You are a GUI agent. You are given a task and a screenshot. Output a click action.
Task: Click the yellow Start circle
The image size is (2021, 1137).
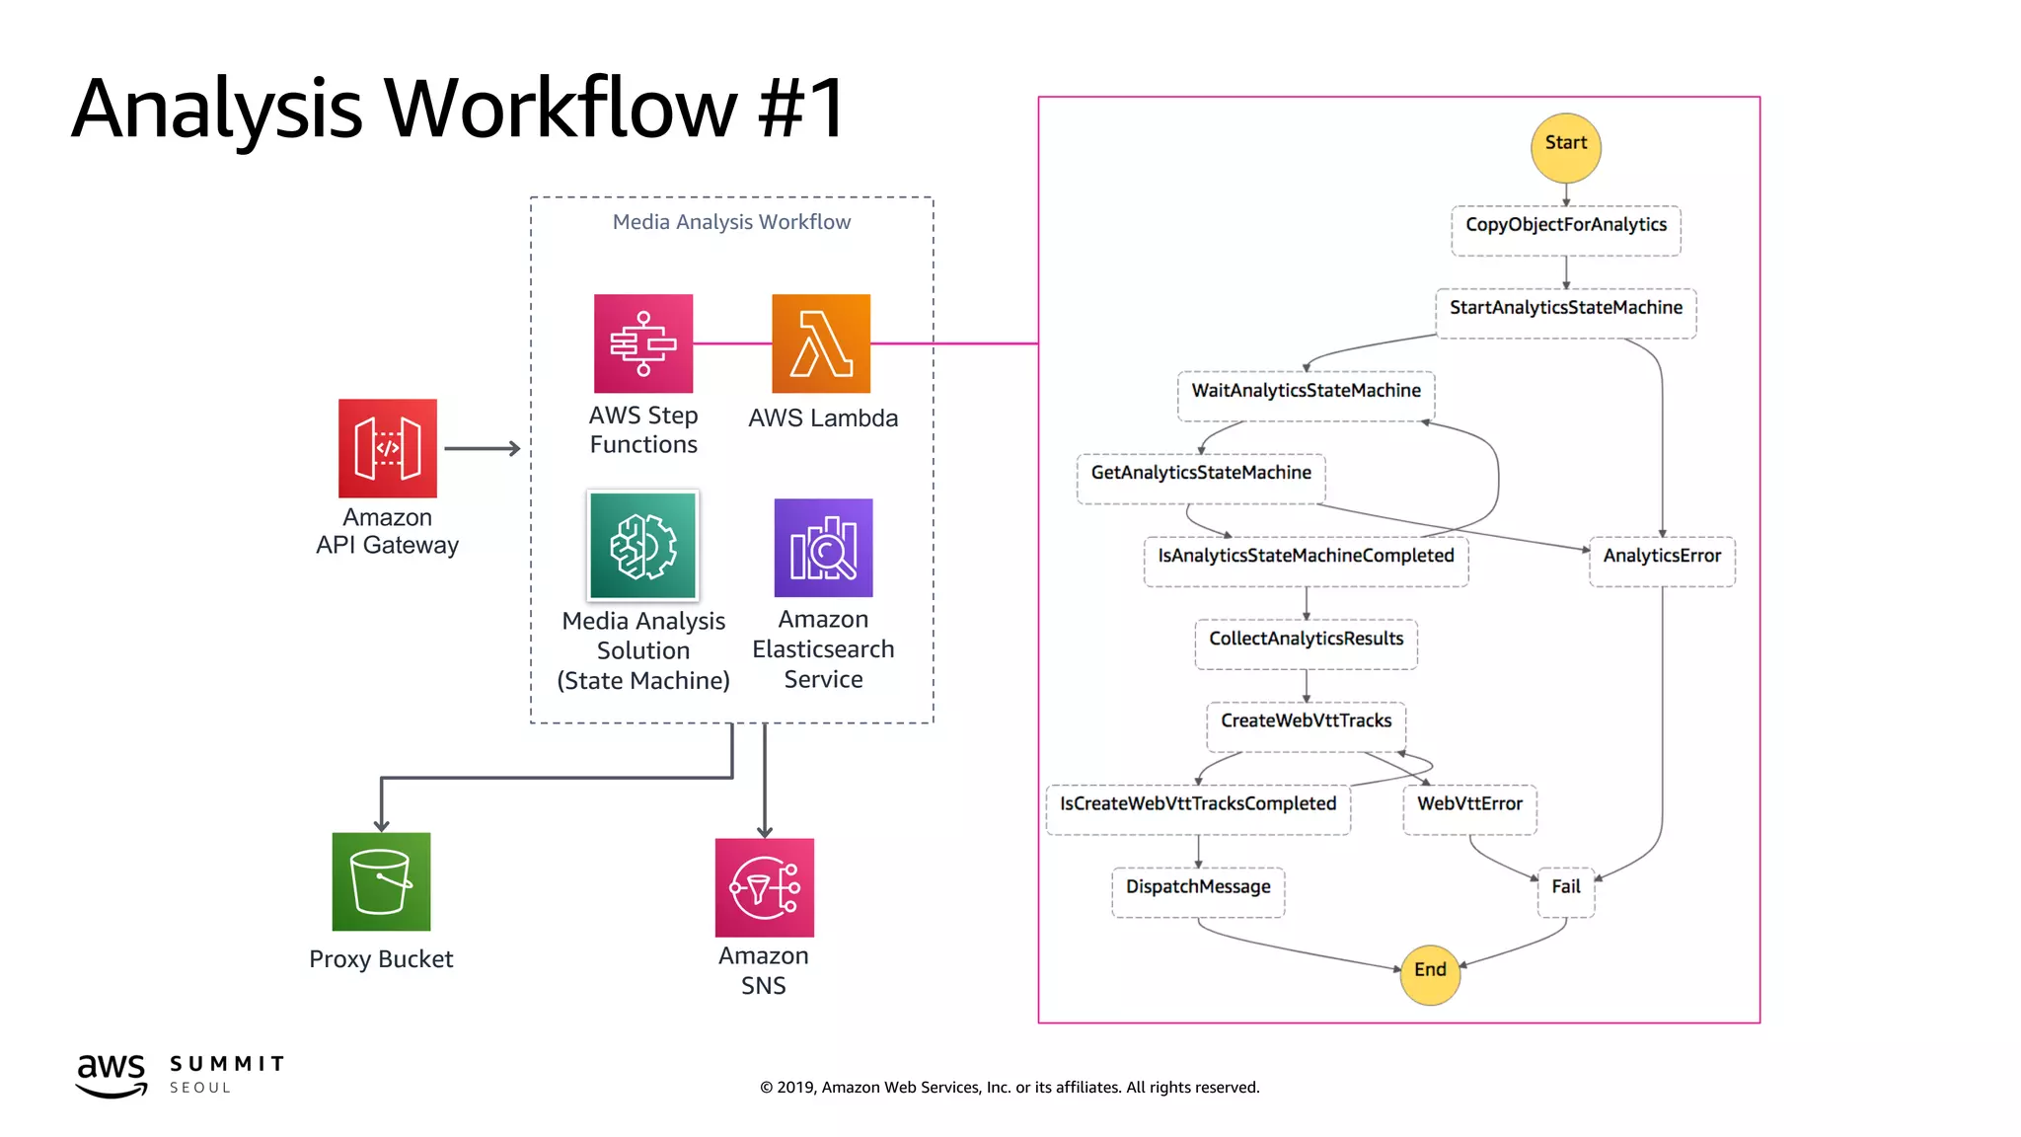pyautogui.click(x=1565, y=147)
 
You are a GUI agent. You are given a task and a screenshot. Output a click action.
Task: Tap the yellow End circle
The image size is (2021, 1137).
pyautogui.click(x=1430, y=972)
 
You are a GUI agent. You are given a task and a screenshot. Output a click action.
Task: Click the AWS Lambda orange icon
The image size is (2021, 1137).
pyautogui.click(x=821, y=342)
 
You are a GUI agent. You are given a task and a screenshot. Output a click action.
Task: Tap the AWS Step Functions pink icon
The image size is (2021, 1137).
pyautogui.click(x=643, y=342)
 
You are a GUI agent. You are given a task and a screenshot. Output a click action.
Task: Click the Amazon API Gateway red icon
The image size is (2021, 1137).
pyautogui.click(x=387, y=447)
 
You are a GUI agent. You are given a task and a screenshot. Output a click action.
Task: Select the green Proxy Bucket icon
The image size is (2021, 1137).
pyautogui.click(x=381, y=880)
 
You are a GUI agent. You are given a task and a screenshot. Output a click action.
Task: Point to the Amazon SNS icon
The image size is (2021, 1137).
pyautogui.click(x=764, y=886)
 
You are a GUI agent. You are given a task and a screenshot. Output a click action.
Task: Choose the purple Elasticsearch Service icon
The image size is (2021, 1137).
pyautogui.click(x=823, y=547)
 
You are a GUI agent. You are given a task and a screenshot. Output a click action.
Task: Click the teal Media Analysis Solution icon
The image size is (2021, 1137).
pyautogui.click(x=643, y=545)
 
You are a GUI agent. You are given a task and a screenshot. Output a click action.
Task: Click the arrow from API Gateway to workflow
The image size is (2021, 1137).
pyautogui.click(x=482, y=448)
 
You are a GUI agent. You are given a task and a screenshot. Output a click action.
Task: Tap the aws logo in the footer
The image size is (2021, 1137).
pyautogui.click(x=112, y=1075)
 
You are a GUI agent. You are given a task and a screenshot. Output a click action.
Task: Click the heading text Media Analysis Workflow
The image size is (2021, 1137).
pyautogui.click(x=731, y=222)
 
